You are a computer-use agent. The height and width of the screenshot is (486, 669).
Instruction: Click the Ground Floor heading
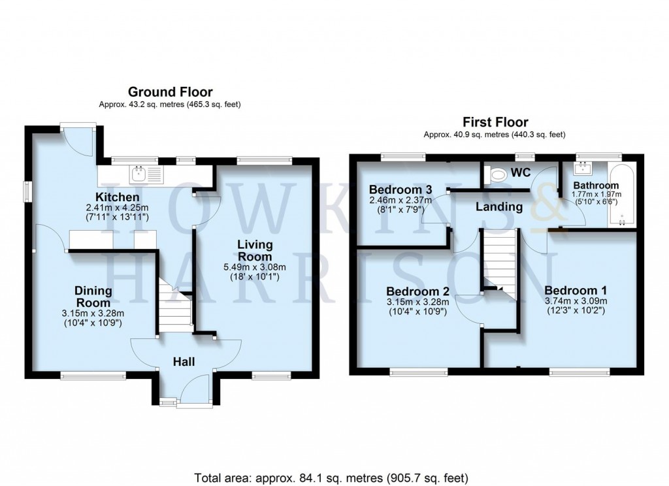(170, 92)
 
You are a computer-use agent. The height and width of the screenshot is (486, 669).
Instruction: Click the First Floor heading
(495, 122)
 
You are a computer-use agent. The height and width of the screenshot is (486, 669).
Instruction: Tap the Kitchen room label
(118, 197)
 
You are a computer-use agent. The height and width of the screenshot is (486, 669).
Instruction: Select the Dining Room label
(93, 297)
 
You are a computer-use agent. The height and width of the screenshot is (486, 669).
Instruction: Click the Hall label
(184, 361)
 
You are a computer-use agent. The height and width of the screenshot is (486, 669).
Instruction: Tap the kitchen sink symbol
(139, 174)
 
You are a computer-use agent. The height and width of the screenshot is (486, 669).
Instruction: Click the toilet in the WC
(500, 175)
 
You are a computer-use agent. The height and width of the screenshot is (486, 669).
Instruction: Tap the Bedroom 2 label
(417, 291)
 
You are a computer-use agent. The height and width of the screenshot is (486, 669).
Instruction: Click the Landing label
(499, 207)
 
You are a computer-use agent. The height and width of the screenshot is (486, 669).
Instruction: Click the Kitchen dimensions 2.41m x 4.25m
(118, 208)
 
